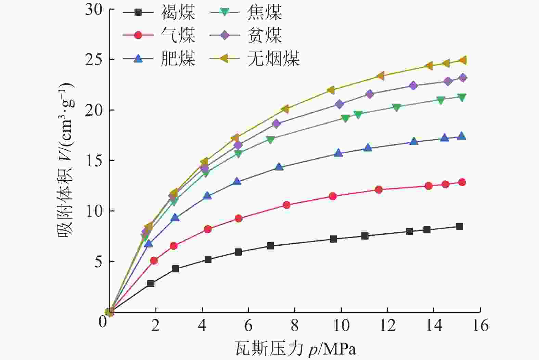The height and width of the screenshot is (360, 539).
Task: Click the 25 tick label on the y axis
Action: pyautogui.click(x=94, y=60)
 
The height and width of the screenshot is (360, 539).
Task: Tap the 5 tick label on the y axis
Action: pyautogui.click(x=99, y=262)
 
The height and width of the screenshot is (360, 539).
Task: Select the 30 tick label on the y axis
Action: pyautogui.click(x=94, y=9)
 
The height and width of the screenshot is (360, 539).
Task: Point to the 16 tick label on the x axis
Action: pyautogui.click(x=480, y=325)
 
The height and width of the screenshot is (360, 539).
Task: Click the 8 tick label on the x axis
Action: pyautogui.click(x=295, y=325)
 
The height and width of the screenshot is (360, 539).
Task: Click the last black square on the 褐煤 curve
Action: pyautogui.click(x=459, y=227)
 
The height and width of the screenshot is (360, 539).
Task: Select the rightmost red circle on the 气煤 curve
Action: pyautogui.click(x=462, y=182)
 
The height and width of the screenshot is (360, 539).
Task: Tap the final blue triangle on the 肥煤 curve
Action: pyautogui.click(x=462, y=136)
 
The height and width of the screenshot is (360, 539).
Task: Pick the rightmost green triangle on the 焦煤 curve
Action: pyautogui.click(x=462, y=98)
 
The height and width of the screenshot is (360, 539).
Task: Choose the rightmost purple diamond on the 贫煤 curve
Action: pyautogui.click(x=463, y=78)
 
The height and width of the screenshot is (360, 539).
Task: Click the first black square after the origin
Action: pyautogui.click(x=151, y=283)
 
